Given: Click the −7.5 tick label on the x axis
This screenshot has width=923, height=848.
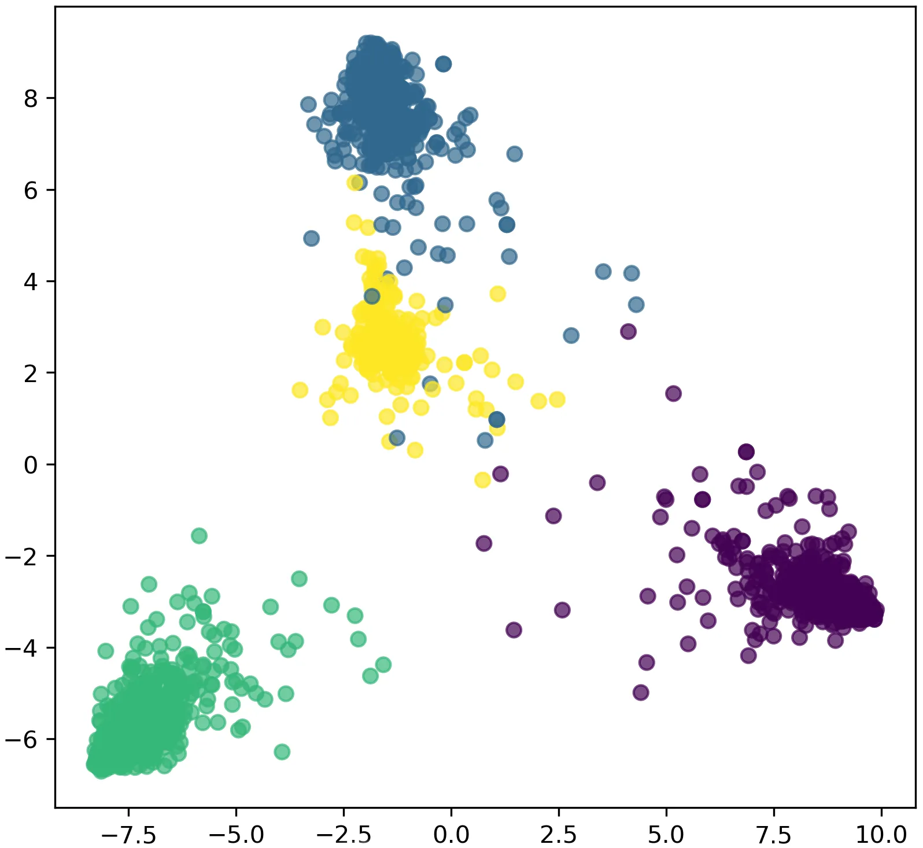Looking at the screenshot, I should pyautogui.click(x=128, y=835).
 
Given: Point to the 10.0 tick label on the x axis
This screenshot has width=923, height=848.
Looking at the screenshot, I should pyautogui.click(x=881, y=835).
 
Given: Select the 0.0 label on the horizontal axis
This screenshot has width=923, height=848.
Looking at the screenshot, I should pyautogui.click(x=451, y=835).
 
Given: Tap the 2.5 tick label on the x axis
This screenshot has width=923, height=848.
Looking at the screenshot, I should pyautogui.click(x=559, y=835).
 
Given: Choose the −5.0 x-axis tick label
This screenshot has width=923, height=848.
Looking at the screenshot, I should pyautogui.click(x=236, y=835).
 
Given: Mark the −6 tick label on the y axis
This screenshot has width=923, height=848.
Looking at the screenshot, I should pyautogui.click(x=23, y=739).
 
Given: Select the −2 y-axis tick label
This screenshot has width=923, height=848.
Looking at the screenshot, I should pyautogui.click(x=23, y=556).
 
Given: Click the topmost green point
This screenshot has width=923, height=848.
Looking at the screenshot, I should pyautogui.click(x=199, y=536).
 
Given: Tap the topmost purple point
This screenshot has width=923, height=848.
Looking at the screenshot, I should pyautogui.click(x=628, y=332).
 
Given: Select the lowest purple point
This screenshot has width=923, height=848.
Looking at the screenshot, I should pyautogui.click(x=641, y=692).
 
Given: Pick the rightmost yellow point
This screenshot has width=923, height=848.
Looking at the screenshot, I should pyautogui.click(x=557, y=399).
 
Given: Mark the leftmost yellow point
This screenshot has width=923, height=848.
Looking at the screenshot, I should pyautogui.click(x=300, y=390).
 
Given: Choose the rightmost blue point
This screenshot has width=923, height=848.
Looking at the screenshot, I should pyautogui.click(x=636, y=305).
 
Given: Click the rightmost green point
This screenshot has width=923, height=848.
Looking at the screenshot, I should pyautogui.click(x=383, y=665).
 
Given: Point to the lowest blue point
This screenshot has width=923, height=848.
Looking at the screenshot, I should pyautogui.click(x=485, y=440).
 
